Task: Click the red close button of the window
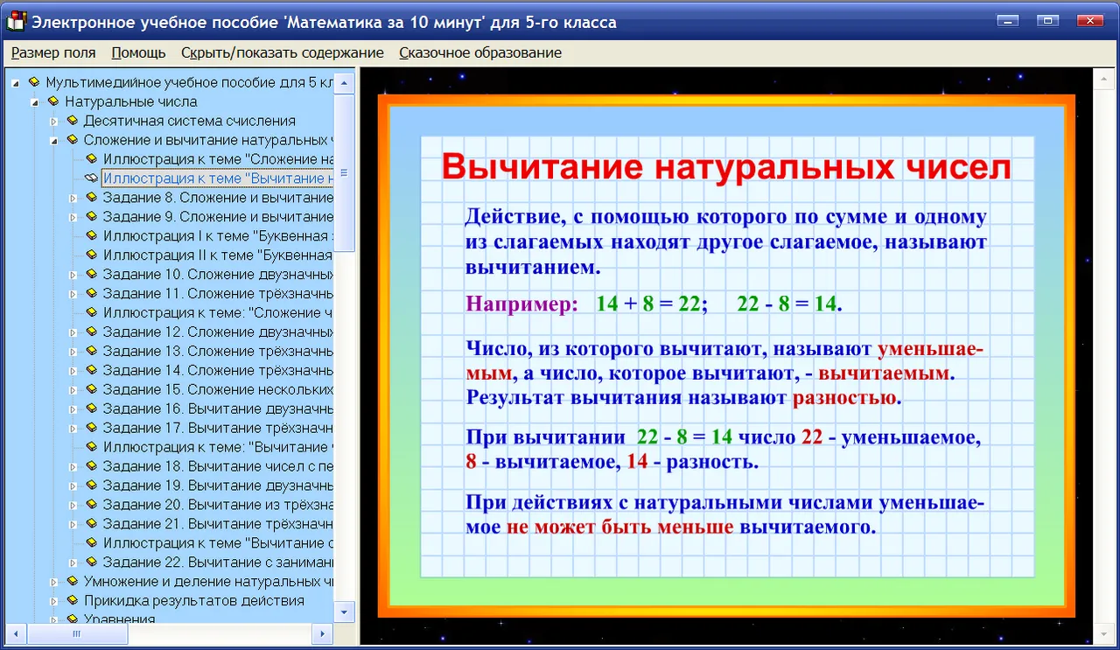click(1090, 20)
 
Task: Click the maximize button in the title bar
click(1047, 20)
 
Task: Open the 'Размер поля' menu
click(53, 52)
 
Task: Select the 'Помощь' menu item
click(138, 52)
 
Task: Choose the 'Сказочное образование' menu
click(480, 52)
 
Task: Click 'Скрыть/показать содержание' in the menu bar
click(283, 52)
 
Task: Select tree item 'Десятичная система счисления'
click(190, 121)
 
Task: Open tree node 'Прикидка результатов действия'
click(194, 600)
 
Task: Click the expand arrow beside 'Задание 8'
click(73, 199)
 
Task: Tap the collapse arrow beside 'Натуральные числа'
click(34, 102)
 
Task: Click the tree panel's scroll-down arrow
click(344, 612)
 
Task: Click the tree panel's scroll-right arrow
click(323, 634)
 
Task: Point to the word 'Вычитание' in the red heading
click(542, 166)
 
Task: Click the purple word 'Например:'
click(522, 304)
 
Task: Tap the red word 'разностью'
click(847, 398)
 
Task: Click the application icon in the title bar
click(16, 22)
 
